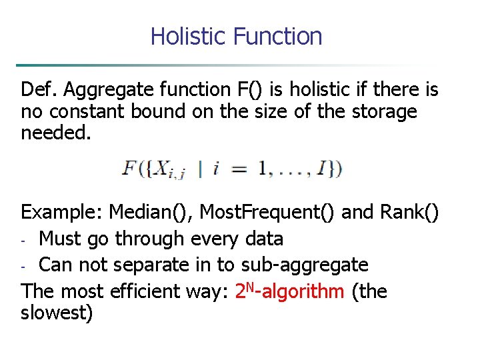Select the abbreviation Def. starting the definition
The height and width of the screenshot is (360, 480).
36,89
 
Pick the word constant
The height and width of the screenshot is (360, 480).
82,111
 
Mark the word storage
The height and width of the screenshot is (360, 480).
382,111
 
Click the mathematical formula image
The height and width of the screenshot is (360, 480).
232,167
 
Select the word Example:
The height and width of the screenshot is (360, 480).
63,212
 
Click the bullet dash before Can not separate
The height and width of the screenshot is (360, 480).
25,266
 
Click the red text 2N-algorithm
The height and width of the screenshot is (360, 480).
290,291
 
